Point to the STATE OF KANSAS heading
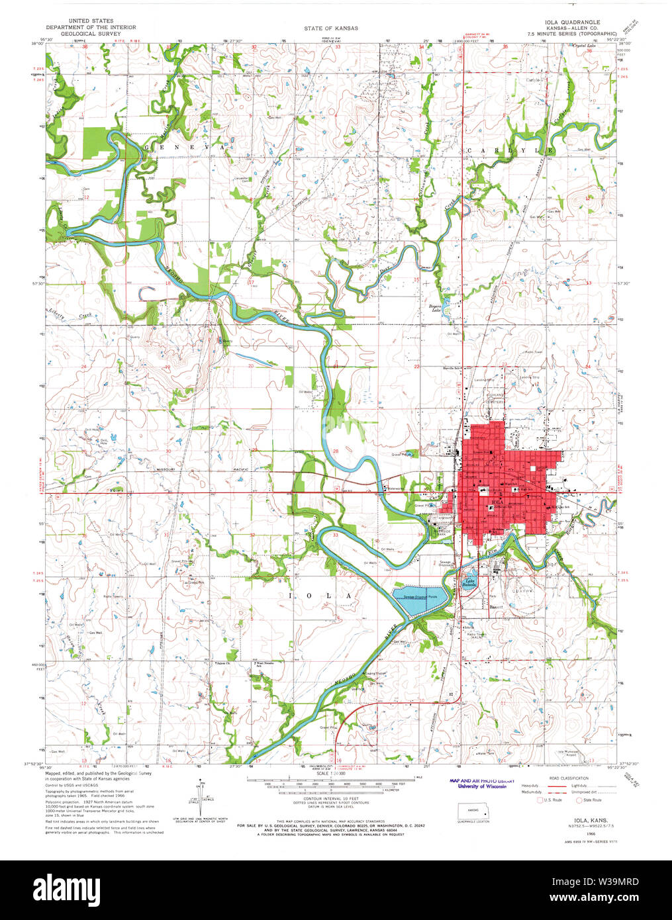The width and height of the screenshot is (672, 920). tap(331, 28)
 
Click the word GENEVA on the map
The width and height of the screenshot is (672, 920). tap(179, 147)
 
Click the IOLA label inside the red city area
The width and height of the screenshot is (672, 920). tap(499, 503)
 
